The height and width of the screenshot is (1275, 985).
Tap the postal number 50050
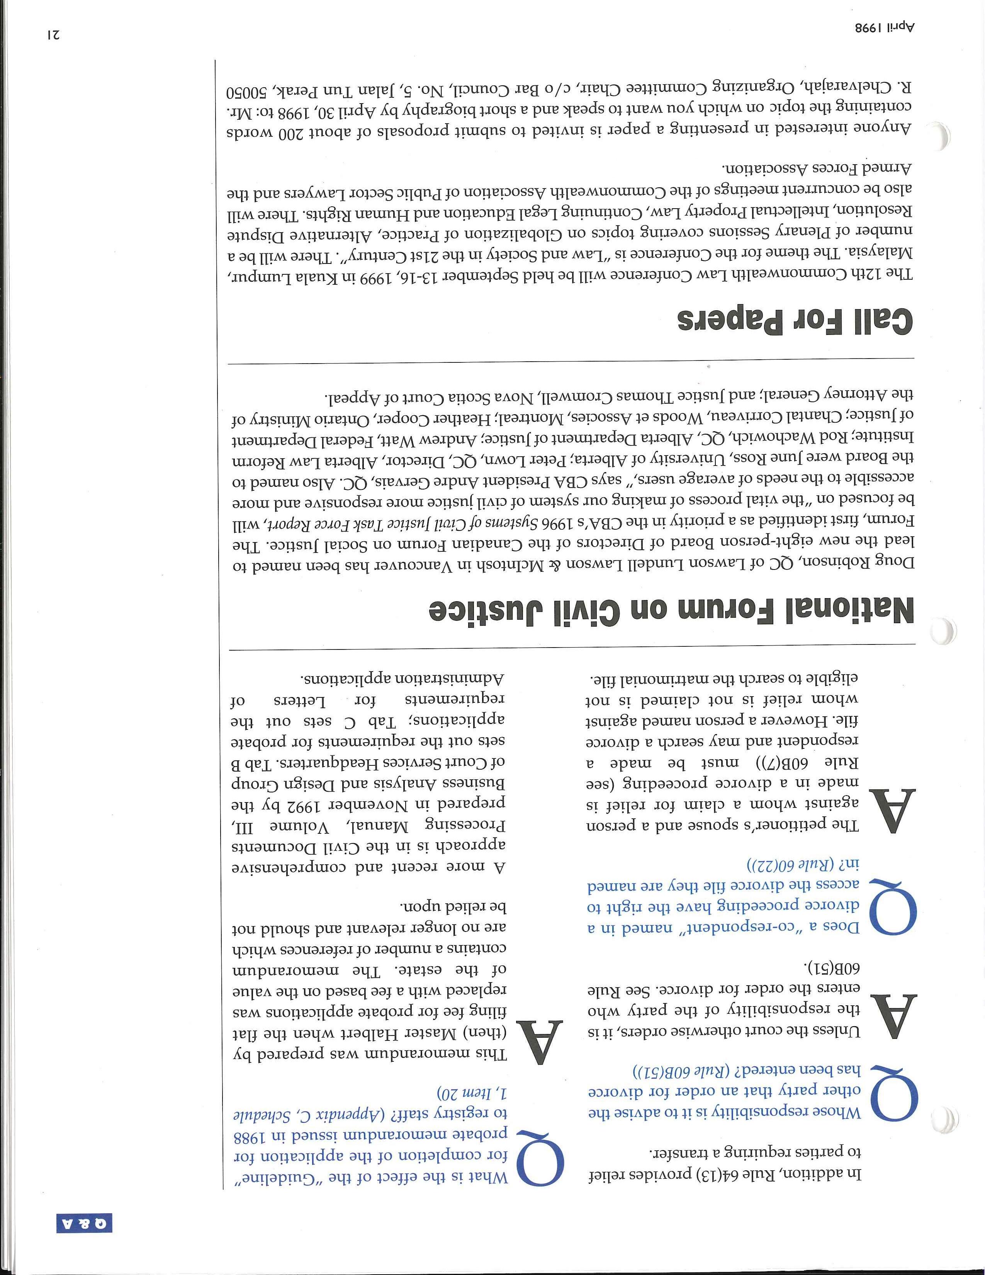point(253,92)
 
